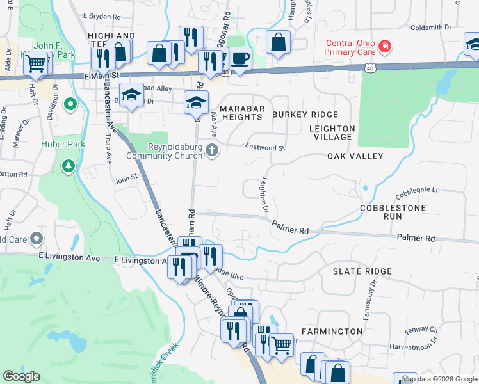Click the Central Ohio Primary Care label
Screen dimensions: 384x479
pos(350,48)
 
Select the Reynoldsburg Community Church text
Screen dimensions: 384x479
pos(166,151)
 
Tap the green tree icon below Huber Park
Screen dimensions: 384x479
pos(68,166)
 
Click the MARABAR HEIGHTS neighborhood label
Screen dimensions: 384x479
pos(241,113)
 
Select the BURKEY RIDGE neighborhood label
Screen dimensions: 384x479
pos(304,114)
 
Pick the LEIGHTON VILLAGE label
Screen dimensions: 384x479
pos(330,132)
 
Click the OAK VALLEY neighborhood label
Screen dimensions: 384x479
pos(355,156)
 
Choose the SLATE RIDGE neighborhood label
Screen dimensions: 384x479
pos(362,271)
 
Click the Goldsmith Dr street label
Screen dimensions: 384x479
pos(431,28)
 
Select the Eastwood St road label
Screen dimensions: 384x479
pos(265,147)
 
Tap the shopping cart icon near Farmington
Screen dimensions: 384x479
pos(281,346)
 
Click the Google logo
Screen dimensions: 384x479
pos(22,376)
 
